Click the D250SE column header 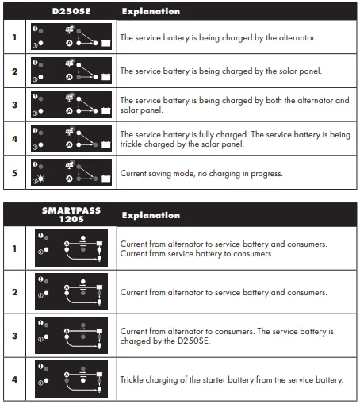pyautogui.click(x=71, y=12)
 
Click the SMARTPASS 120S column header pyautogui.click(x=71, y=214)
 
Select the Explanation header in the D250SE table pyautogui.click(x=151, y=12)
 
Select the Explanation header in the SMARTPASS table pyautogui.click(x=151, y=215)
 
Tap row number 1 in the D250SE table pyautogui.click(x=13, y=37)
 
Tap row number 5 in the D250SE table pyautogui.click(x=13, y=172)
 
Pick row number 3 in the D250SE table pyautogui.click(x=13, y=105)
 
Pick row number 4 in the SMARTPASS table pyautogui.click(x=13, y=379)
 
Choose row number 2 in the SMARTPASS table pyautogui.click(x=13, y=292)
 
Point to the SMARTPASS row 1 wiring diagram pyautogui.click(x=71, y=248)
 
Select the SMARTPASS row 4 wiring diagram pyautogui.click(x=71, y=379)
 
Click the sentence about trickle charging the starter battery pyautogui.click(x=232, y=379)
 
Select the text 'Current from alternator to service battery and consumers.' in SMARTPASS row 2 pyautogui.click(x=224, y=292)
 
